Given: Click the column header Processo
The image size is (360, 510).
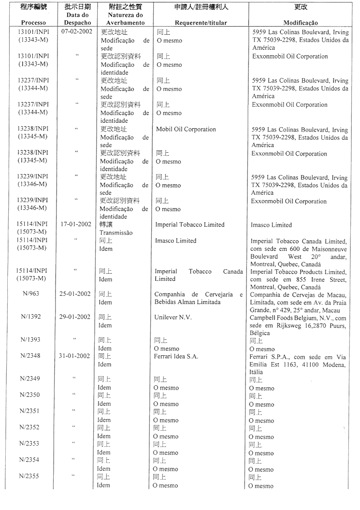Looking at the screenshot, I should [x=34, y=23].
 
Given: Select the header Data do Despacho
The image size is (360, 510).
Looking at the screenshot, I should [x=78, y=19].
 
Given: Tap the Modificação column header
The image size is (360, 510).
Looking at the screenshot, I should [x=301, y=23].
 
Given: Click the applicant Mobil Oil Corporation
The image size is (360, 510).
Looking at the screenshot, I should [x=186, y=130].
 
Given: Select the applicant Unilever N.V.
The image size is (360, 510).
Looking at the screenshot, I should [x=173, y=317].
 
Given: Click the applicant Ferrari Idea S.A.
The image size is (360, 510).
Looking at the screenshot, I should [x=176, y=357].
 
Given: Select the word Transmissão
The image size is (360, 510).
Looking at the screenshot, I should [x=116, y=233].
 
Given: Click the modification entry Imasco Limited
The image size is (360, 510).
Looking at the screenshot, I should [x=271, y=225].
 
